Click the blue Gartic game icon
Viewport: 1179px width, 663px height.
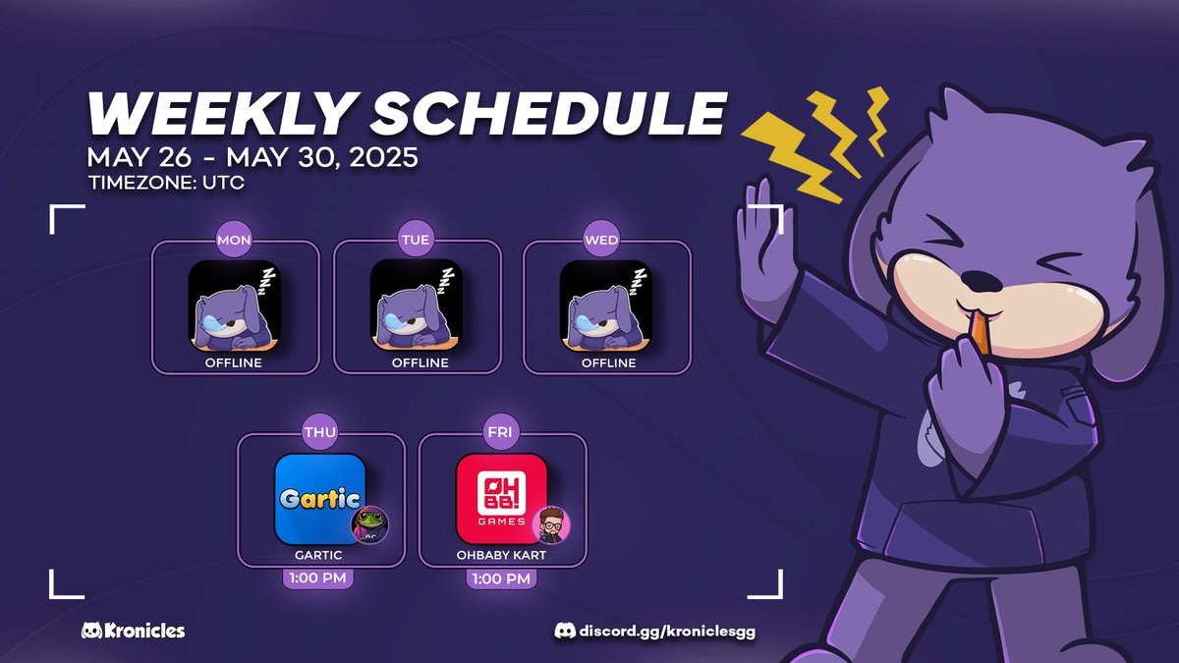tap(320, 498)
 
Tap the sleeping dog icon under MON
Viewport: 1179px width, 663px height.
tap(234, 305)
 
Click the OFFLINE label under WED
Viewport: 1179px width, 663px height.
tap(608, 362)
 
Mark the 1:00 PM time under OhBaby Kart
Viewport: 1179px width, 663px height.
tap(502, 578)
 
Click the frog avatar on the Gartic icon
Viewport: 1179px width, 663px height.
tap(370, 526)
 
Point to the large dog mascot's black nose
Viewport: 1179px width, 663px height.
tap(977, 280)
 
